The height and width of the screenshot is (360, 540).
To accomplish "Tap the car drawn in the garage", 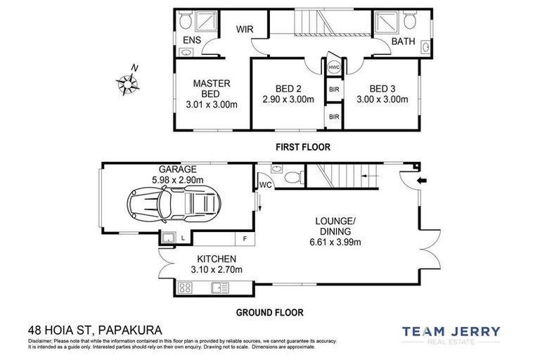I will (x=172, y=205).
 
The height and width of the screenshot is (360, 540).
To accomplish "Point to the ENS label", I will (x=192, y=41).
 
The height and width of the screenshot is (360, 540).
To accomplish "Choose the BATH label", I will (x=403, y=41).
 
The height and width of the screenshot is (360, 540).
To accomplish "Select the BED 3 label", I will (x=382, y=89).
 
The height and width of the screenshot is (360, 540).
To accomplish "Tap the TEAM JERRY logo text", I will (x=451, y=331).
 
